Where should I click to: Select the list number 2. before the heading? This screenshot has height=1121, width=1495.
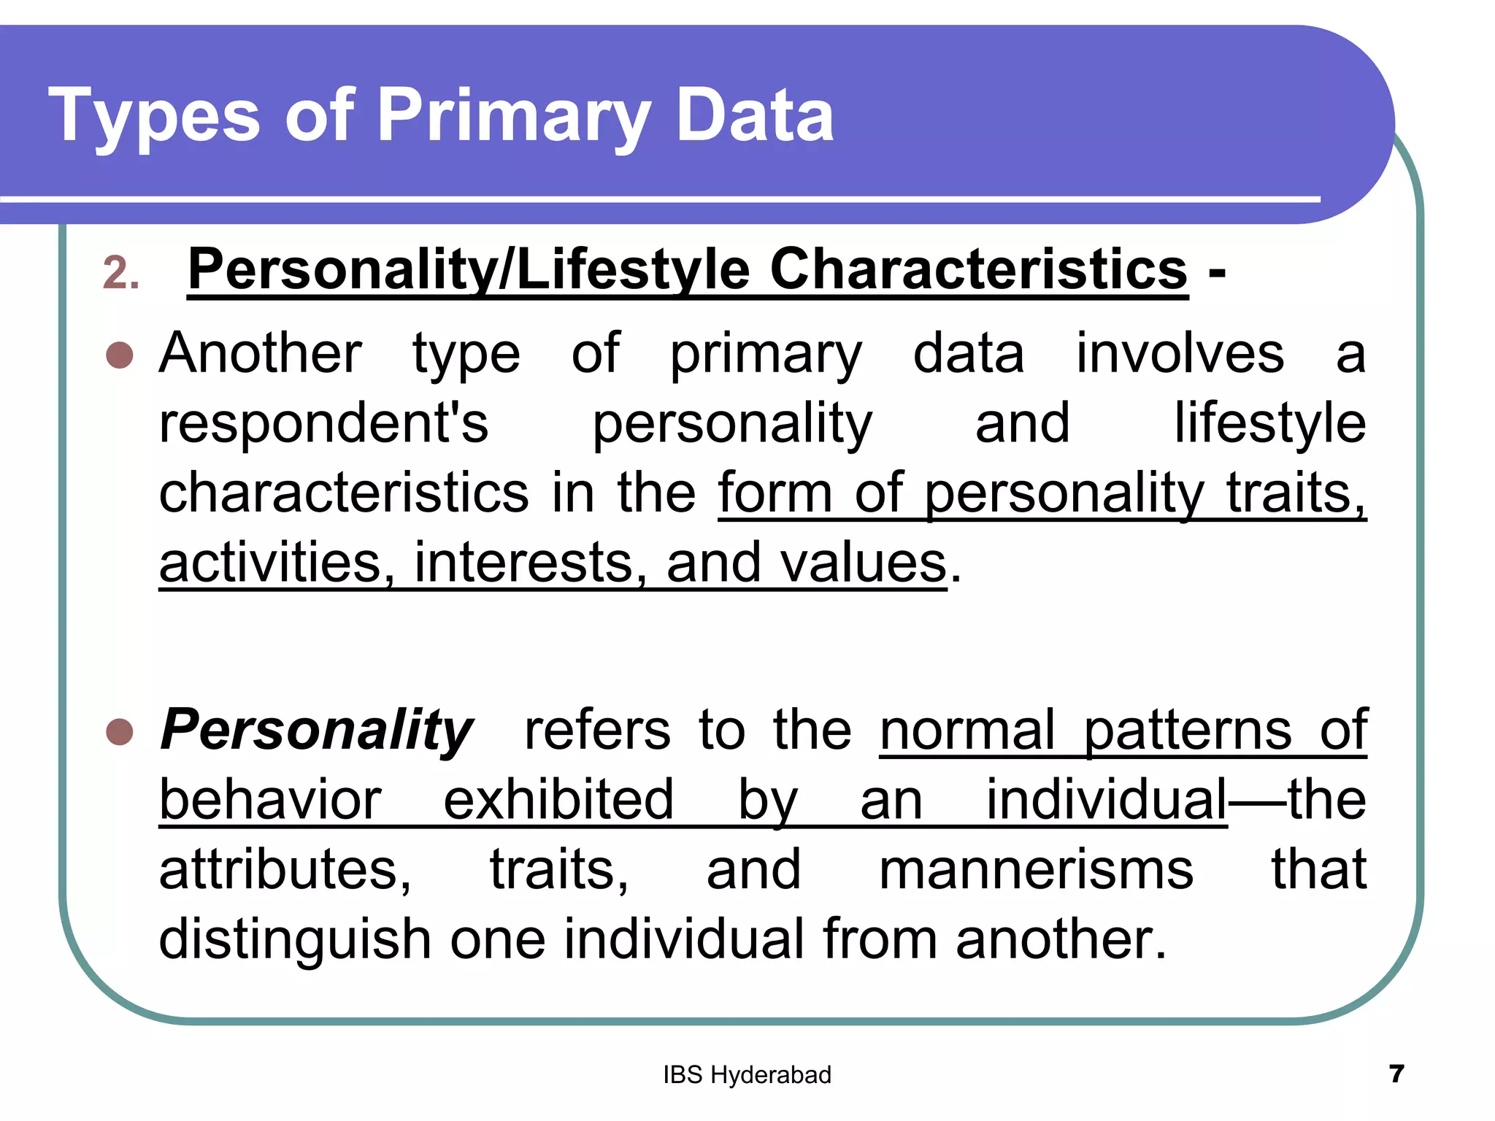click(x=121, y=274)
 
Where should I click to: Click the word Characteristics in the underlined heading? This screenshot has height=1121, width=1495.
click(x=978, y=270)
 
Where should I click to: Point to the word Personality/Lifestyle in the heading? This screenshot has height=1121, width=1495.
click(x=468, y=270)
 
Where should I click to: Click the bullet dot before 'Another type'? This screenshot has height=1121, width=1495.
click(x=120, y=355)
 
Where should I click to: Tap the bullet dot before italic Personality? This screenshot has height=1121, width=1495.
click(x=120, y=731)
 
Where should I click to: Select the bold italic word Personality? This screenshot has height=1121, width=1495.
click(x=316, y=730)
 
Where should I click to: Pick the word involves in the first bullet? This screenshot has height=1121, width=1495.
click(x=1180, y=353)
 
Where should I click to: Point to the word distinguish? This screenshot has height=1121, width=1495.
click(x=295, y=939)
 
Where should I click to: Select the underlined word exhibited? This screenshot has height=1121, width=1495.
click(x=558, y=800)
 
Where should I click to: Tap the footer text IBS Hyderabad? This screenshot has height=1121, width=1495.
click(x=747, y=1075)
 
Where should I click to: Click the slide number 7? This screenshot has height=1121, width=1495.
click(x=1396, y=1074)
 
